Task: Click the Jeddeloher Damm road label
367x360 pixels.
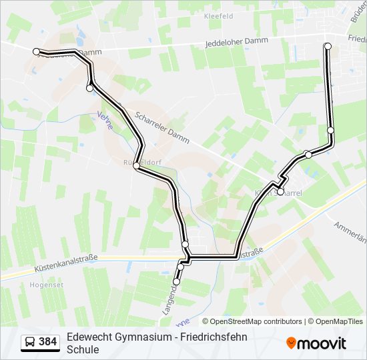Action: click(237, 42)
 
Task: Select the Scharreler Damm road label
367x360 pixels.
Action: click(162, 127)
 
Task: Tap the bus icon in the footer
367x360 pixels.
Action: click(30, 343)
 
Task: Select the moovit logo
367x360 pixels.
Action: click(316, 343)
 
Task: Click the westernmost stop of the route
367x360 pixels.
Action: click(37, 51)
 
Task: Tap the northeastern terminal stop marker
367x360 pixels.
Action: click(328, 46)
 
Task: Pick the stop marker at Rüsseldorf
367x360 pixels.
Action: click(136, 165)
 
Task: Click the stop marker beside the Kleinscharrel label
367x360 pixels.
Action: click(280, 192)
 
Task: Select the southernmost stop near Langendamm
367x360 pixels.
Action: click(176, 282)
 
